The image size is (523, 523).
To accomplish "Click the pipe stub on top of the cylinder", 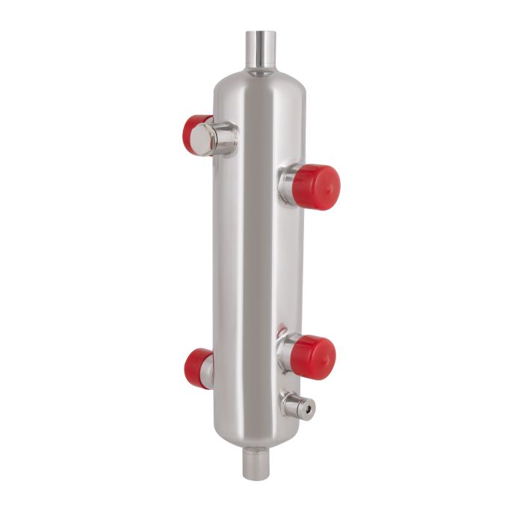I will (x=261, y=51).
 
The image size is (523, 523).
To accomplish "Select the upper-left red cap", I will (x=194, y=134).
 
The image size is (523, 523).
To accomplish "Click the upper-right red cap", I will (x=316, y=187).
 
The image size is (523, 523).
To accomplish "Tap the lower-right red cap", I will (x=312, y=357).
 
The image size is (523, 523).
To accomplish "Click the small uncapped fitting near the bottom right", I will (x=297, y=406).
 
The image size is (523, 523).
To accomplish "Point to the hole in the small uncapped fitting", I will (x=307, y=408).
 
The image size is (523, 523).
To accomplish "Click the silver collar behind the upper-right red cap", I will (x=287, y=185).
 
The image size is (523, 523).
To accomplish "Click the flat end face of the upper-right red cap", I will (x=329, y=188).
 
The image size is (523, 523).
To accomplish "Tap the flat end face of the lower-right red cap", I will (x=326, y=358).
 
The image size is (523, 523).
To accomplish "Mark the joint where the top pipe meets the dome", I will (x=260, y=72).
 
